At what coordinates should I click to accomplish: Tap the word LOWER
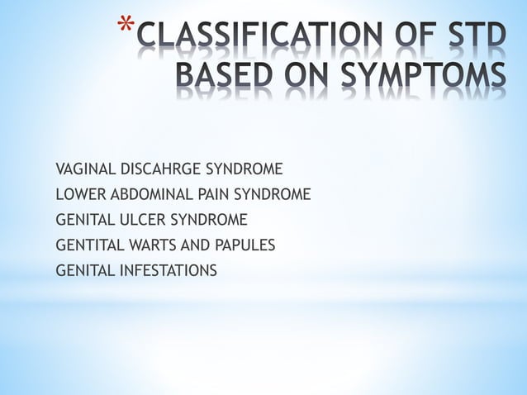pos(78,195)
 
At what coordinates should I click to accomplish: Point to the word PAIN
pos(210,195)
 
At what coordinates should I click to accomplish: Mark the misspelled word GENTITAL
pos(85,245)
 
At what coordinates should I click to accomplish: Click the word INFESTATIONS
pos(166,269)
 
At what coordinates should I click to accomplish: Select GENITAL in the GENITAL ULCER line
pos(83,220)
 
